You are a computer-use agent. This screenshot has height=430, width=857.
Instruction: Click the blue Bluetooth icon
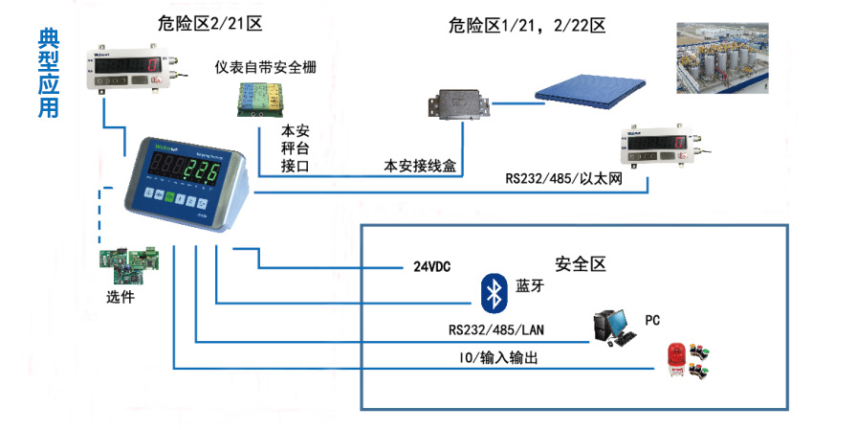click(x=494, y=292)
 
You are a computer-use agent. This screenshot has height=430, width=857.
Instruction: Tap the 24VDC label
click(x=432, y=267)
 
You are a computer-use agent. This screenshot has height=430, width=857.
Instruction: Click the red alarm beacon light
click(x=677, y=359)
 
